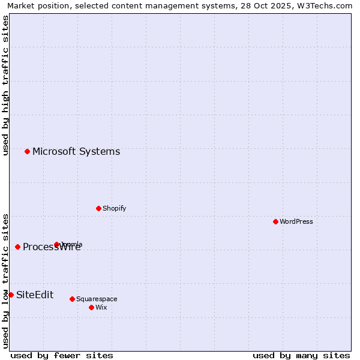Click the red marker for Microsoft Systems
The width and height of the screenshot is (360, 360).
click(x=27, y=151)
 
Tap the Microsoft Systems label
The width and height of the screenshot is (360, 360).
click(x=76, y=151)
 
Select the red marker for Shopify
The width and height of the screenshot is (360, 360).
click(x=98, y=208)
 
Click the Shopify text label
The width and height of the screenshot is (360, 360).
click(x=114, y=208)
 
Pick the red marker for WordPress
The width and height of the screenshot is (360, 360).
click(x=275, y=221)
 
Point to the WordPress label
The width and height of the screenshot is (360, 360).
click(x=296, y=221)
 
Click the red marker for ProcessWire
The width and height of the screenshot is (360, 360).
click(x=17, y=247)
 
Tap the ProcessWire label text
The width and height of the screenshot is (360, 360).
click(x=52, y=247)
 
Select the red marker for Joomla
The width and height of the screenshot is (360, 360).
click(x=56, y=244)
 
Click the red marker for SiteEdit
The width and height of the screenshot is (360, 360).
click(x=11, y=295)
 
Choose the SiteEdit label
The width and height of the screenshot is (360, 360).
click(x=35, y=295)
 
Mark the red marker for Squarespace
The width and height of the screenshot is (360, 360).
click(x=72, y=299)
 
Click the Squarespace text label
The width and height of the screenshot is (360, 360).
click(x=97, y=299)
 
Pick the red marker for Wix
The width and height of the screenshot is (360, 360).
click(x=91, y=307)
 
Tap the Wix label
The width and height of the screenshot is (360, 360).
click(x=101, y=307)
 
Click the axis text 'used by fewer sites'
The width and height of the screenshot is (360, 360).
click(x=62, y=355)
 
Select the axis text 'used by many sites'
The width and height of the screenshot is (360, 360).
click(x=301, y=355)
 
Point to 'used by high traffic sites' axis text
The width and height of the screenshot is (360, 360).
click(x=5, y=86)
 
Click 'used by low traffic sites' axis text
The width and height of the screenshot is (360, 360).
click(x=5, y=281)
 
